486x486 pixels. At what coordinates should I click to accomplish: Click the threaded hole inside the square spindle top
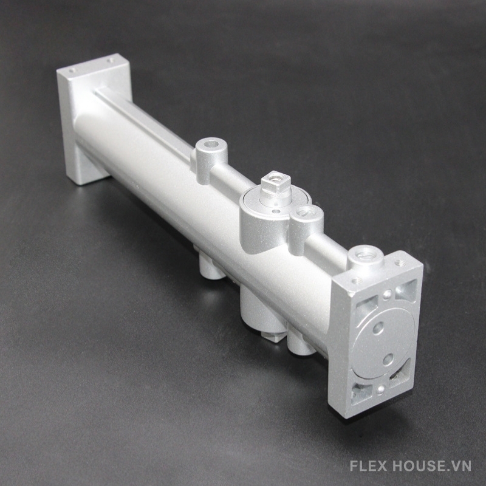point(275,178)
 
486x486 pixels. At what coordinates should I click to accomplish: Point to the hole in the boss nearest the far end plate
point(212,144)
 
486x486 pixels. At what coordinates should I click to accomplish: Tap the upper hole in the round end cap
point(378,328)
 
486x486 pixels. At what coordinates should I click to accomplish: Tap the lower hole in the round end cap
point(388,359)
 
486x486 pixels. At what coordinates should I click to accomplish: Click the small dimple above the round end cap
point(386,293)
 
